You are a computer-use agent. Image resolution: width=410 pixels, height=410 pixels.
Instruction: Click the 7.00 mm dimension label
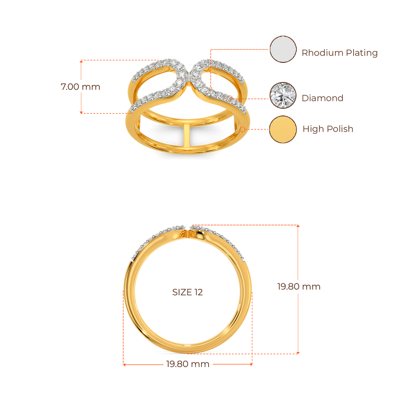click(x=80, y=86)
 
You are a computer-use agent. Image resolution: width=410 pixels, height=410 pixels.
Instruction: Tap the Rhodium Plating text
click(x=340, y=53)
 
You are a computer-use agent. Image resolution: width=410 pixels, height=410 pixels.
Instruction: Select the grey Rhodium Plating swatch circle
click(x=283, y=50)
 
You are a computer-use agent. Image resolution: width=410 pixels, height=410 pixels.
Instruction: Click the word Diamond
click(x=322, y=98)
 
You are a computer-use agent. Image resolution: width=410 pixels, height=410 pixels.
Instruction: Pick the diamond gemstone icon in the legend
click(x=283, y=95)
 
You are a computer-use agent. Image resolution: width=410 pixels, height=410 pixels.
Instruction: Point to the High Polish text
click(x=328, y=129)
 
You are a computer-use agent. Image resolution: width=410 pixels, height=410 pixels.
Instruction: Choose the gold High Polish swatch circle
click(x=283, y=129)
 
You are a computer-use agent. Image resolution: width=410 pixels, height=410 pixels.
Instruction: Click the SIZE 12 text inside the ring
click(x=187, y=292)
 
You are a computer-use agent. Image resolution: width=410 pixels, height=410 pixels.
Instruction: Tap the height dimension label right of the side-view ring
click(x=299, y=287)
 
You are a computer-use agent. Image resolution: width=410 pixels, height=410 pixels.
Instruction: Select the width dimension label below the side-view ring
click(x=188, y=364)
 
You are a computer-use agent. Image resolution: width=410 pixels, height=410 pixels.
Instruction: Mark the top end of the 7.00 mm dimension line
click(x=81, y=61)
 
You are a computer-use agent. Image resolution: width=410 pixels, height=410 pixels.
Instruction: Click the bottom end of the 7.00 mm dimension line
click(x=81, y=113)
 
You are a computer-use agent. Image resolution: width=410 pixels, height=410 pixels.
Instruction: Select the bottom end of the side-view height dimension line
click(x=298, y=353)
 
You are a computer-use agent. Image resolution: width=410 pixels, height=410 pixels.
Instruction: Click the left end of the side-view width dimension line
click(x=124, y=364)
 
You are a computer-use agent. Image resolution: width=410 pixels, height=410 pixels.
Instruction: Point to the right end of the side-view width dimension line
click(x=252, y=364)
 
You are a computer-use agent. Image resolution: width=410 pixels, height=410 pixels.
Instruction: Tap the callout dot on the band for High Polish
click(x=244, y=129)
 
